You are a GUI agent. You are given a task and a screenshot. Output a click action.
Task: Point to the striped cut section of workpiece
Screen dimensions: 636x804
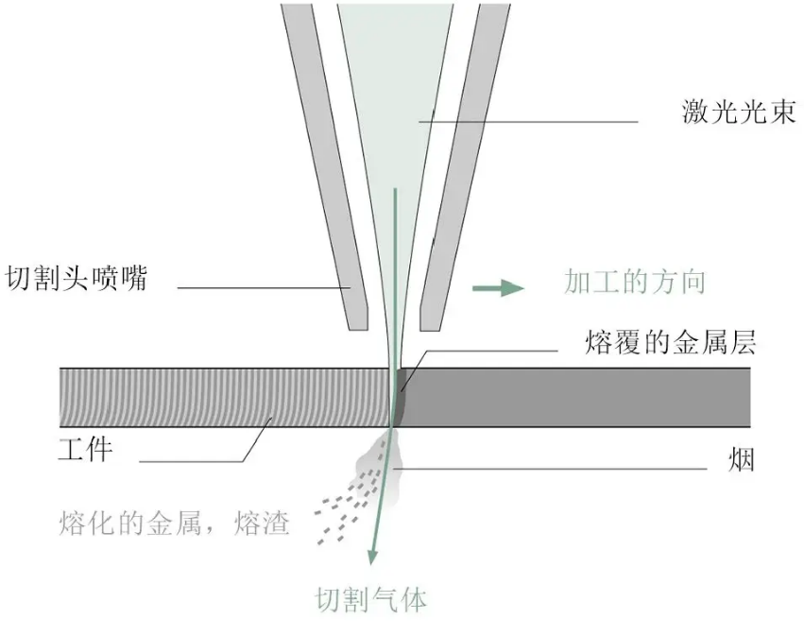click(x=227, y=397)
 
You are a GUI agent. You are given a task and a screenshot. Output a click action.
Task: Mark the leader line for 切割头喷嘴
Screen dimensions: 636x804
click(x=265, y=287)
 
